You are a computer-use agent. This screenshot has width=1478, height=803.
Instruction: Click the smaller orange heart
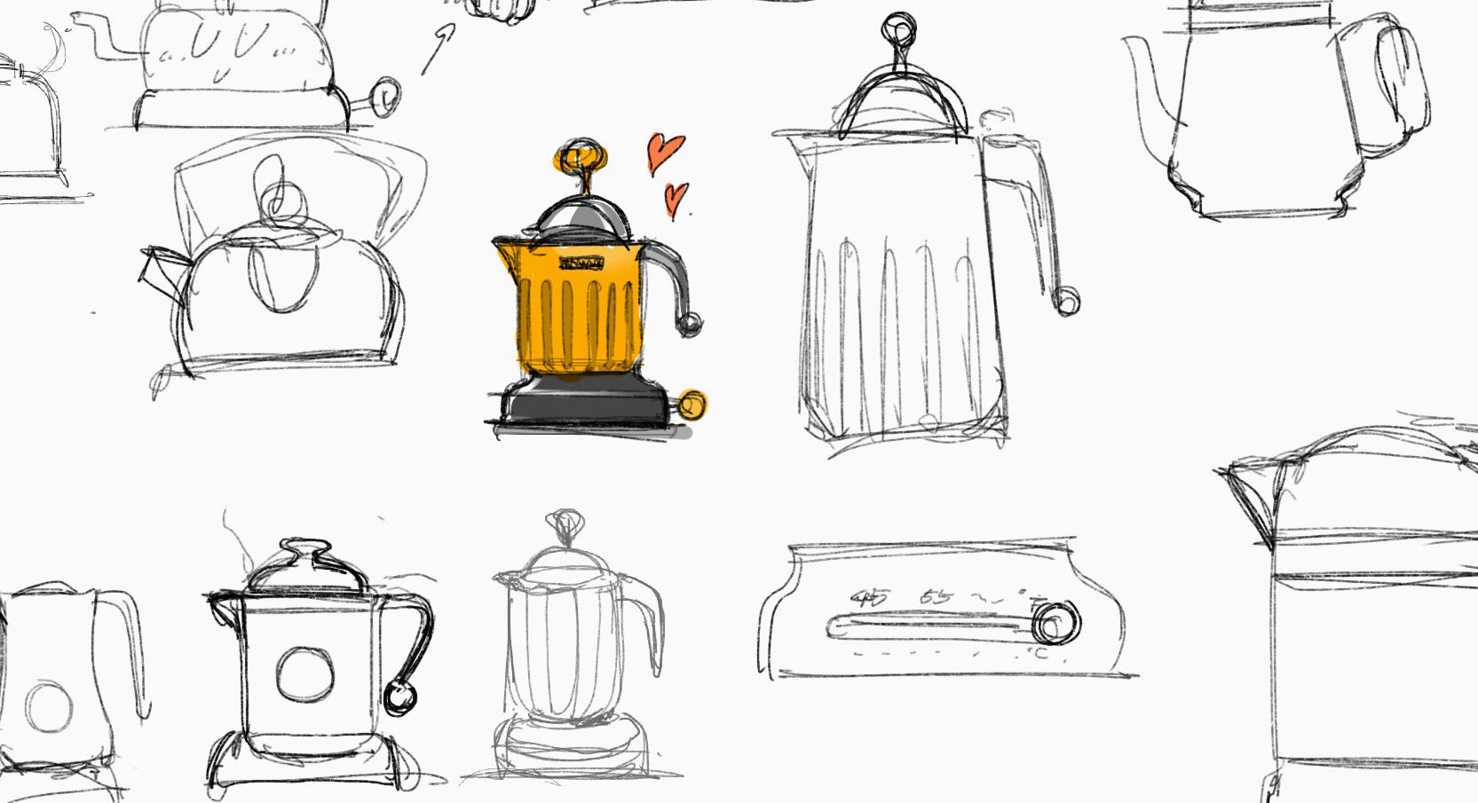click(676, 198)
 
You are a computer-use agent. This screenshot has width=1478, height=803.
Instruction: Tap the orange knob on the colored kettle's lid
click(581, 158)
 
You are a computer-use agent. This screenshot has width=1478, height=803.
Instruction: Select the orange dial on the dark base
click(692, 405)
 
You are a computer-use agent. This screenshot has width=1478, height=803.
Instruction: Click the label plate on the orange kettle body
click(581, 262)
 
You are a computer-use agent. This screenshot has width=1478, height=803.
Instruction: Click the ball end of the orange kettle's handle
click(688, 324)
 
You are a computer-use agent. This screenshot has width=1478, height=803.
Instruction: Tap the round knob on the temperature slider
click(1054, 622)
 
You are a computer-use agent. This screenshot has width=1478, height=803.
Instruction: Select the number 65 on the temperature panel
click(936, 596)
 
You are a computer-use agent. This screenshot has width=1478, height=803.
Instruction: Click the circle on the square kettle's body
click(304, 674)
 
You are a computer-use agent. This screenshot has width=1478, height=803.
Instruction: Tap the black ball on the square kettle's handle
click(399, 697)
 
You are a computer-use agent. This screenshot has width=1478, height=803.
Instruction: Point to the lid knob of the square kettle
click(304, 547)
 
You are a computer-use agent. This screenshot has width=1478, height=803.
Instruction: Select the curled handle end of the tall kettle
click(1067, 301)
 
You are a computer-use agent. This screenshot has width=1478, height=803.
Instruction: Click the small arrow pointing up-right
click(439, 48)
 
